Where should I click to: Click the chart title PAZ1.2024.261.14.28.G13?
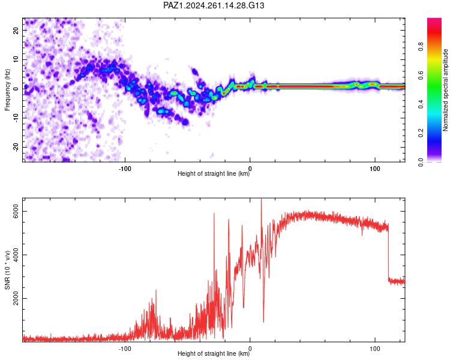coord(214,5)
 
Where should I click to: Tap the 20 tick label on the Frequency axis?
coord(16,30)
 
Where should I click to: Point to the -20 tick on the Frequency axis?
coord(16,147)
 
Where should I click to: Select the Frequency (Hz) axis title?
coord(7,90)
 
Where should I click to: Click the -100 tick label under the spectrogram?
coord(125,169)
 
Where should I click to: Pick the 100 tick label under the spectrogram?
coord(375,169)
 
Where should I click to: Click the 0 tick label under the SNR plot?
coord(250,349)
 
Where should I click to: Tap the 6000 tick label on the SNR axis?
coord(16,212)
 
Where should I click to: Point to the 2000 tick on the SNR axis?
coord(16,299)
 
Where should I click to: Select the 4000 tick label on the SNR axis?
coord(16,255)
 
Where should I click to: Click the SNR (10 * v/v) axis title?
coord(7,270)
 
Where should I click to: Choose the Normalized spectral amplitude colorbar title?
coord(445,90)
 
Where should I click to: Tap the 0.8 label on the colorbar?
coord(421,47)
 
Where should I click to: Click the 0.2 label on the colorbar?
coord(421,133)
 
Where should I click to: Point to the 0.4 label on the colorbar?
coord(421,104)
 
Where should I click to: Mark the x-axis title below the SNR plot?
coord(214,353)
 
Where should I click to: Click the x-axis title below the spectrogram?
coord(214,173)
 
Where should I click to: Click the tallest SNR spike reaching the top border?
coord(261,218)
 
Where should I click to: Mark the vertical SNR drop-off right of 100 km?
coord(389,253)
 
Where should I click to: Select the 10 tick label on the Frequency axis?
coord(16,59)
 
